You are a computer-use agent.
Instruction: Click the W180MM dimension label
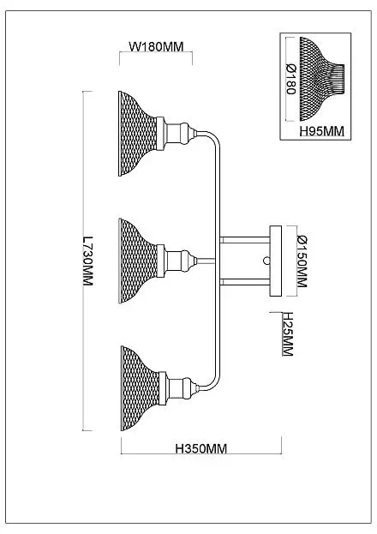pos(156,46)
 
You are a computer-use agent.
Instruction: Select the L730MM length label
pos(88,261)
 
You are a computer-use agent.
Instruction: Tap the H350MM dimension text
pos(201,448)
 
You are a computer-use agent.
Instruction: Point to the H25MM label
pos(288,333)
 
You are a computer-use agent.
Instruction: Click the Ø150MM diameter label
pos(302,261)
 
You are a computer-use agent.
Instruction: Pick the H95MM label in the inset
pos(322,131)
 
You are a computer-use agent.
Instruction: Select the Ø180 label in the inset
pos(291,79)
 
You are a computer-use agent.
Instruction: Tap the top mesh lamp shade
pos(137,134)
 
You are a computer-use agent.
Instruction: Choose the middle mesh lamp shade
pos(138,261)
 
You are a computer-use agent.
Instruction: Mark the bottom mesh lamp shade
pos(140,388)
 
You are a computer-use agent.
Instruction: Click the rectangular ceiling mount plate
pos(276,261)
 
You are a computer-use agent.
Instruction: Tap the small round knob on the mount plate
pos(266,261)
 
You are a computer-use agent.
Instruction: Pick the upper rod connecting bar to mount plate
pos(245,239)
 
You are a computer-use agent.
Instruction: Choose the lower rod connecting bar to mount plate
pos(245,282)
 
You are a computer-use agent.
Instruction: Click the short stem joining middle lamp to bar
pos(206,261)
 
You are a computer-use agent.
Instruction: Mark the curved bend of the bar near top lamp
pos(214,137)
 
